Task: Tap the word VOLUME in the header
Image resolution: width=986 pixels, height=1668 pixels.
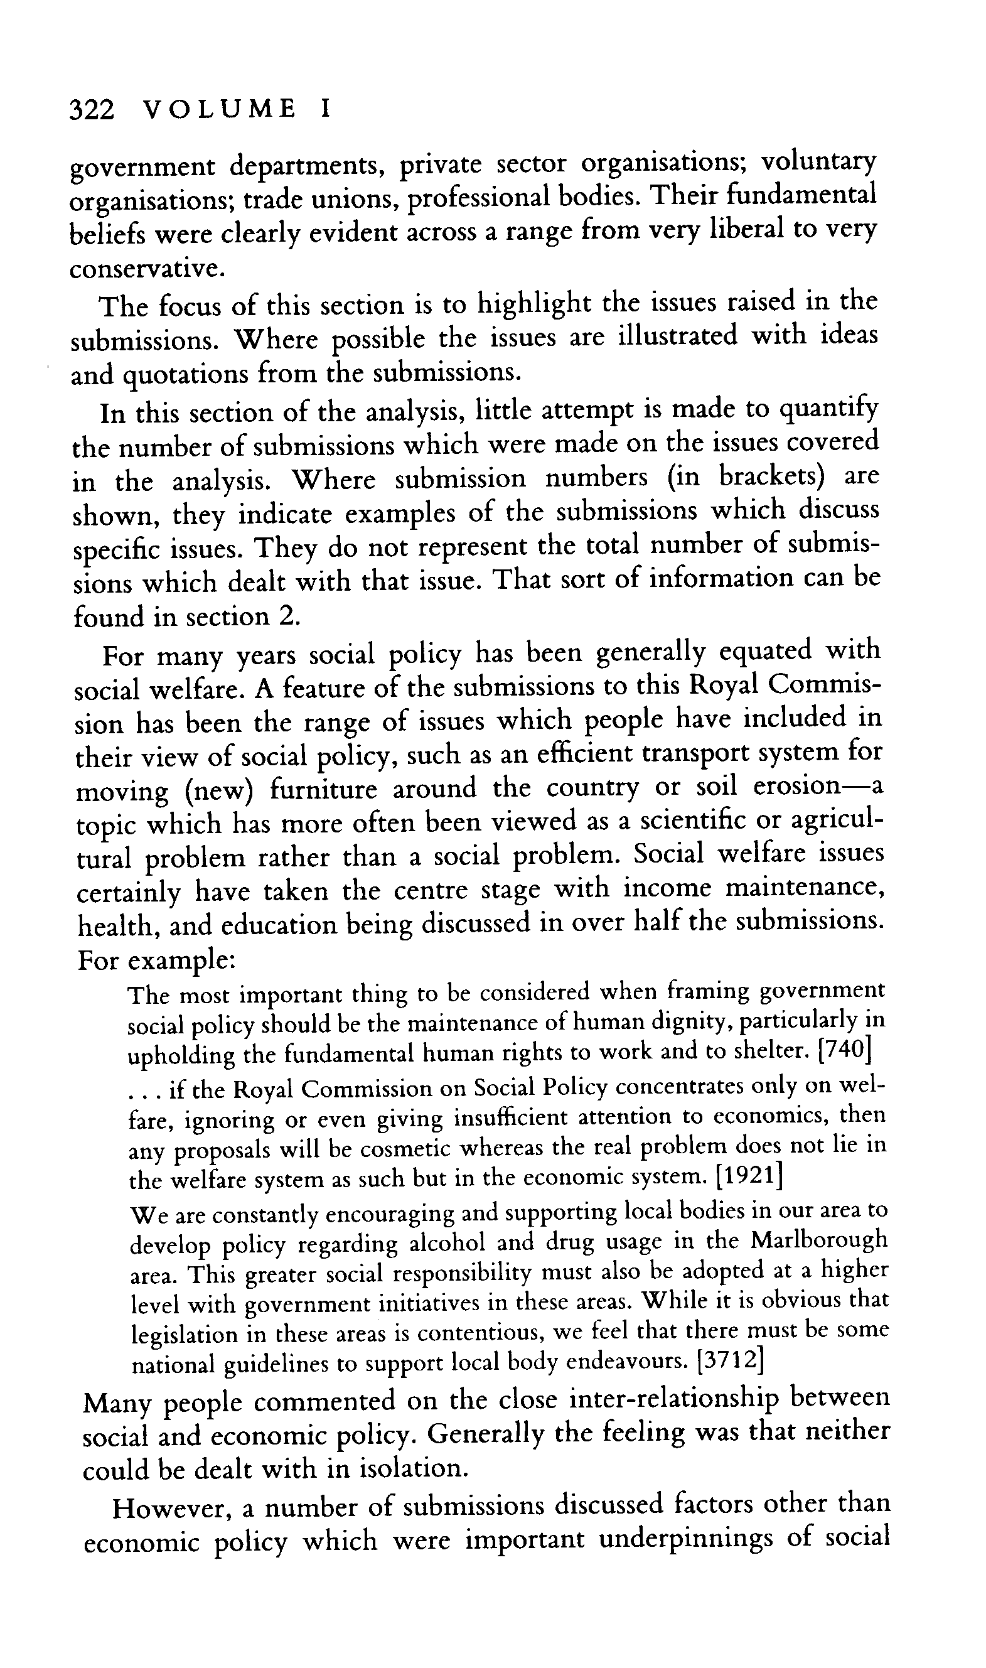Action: pyautogui.click(x=219, y=109)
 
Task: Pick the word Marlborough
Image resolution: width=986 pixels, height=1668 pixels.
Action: pyautogui.click(x=820, y=1239)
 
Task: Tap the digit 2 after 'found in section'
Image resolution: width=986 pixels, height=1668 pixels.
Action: pyautogui.click(x=286, y=616)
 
